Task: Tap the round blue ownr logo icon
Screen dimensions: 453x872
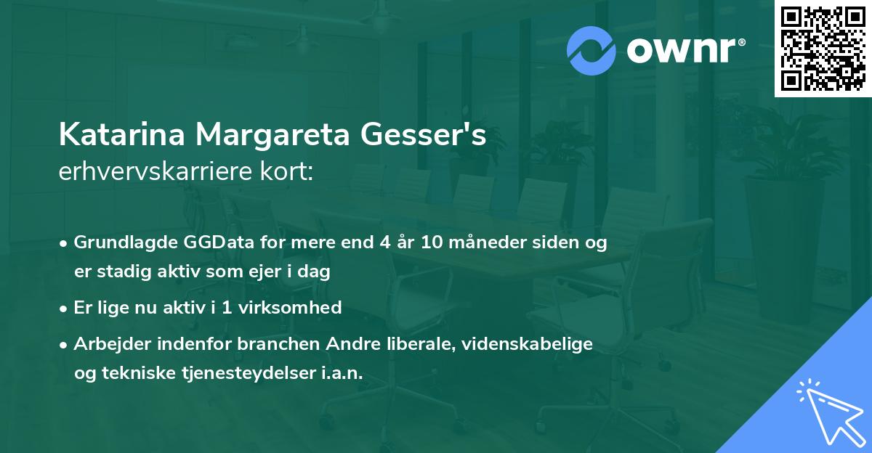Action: coord(592,50)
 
